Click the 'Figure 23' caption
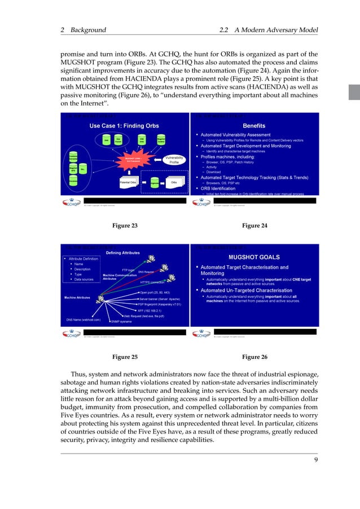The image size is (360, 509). tap(125, 225)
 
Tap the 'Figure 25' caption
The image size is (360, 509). tap(125, 357)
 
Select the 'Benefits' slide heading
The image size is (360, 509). tap(253, 126)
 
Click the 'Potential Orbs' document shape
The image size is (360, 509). tap(130, 182)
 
